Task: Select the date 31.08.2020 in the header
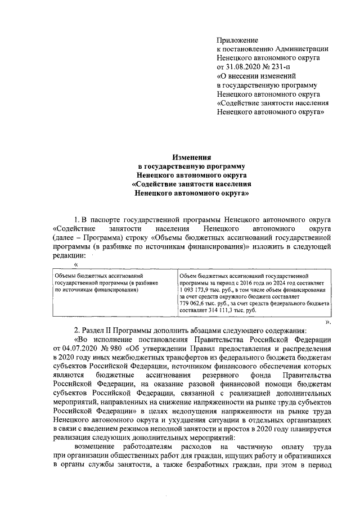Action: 245,66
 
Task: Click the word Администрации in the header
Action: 302,49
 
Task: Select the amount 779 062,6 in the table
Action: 195,303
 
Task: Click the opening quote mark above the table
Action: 76,264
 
